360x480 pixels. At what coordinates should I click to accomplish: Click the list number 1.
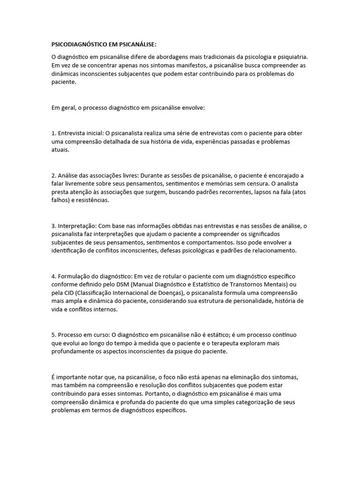pos(53,133)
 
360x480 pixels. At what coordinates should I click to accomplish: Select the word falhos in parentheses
pos(60,201)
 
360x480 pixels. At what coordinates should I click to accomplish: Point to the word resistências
pos(93,201)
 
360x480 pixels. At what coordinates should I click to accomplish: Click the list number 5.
pos(53,336)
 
